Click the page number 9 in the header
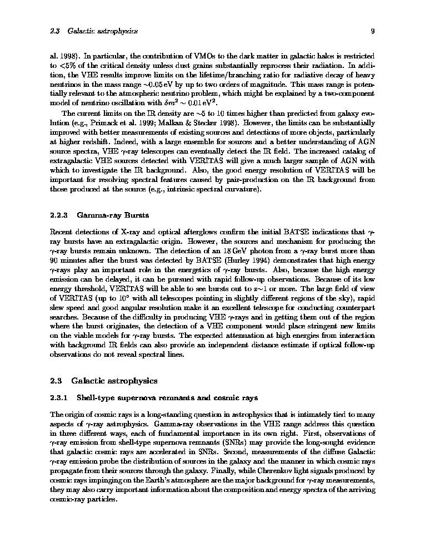[x=373, y=31]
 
